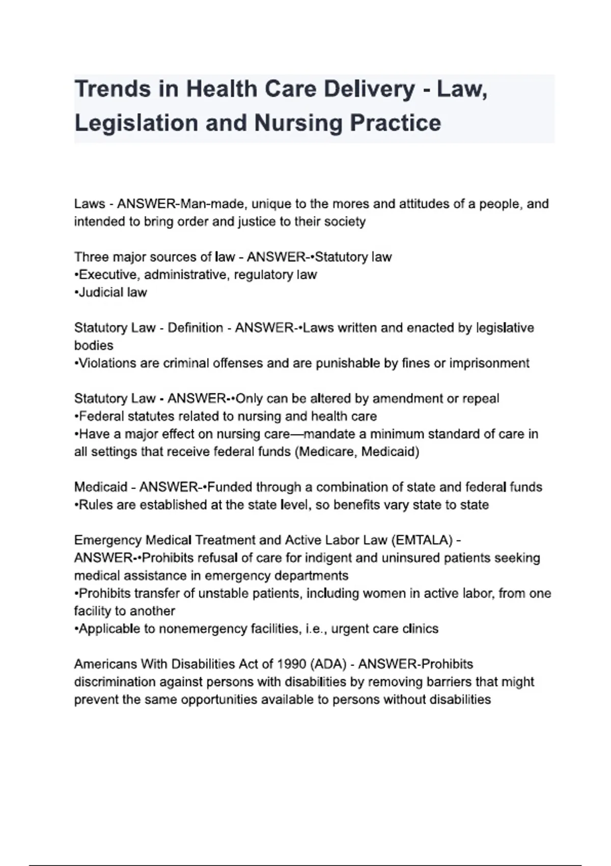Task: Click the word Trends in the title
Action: [x=113, y=89]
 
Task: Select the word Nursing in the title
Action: [x=297, y=123]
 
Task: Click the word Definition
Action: [x=195, y=328]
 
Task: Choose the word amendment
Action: [x=398, y=398]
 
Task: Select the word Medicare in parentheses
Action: [x=326, y=452]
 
